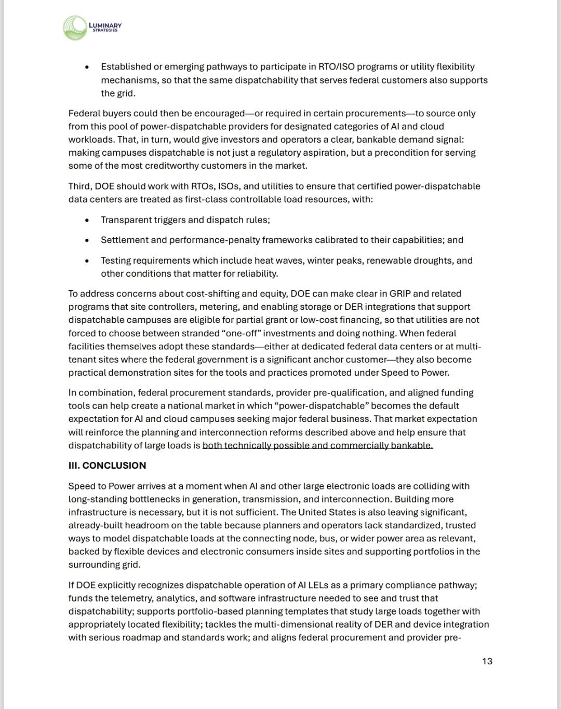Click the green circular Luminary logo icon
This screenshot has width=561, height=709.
pyautogui.click(x=75, y=28)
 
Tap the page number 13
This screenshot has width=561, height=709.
pyautogui.click(x=487, y=661)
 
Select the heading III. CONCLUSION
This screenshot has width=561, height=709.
pyautogui.click(x=107, y=466)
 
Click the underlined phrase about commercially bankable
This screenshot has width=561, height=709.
pyautogui.click(x=317, y=445)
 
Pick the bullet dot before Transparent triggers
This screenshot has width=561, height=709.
pyautogui.click(x=87, y=220)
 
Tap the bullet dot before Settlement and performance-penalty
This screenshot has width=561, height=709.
pyautogui.click(x=87, y=240)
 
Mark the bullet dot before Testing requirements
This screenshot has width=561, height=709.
pyautogui.click(x=87, y=261)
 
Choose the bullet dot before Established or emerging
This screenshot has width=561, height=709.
pyautogui.click(x=87, y=67)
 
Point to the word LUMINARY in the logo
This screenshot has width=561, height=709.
pyautogui.click(x=105, y=25)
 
